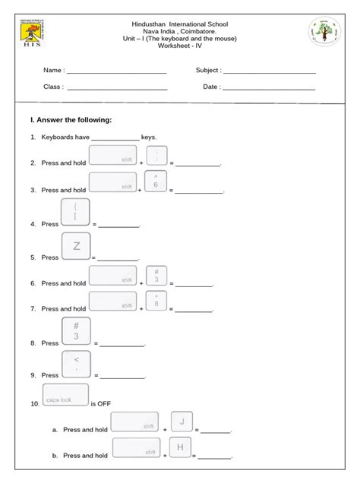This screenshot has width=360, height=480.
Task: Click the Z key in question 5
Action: click(76, 247)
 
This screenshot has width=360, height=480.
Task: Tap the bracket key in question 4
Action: click(76, 213)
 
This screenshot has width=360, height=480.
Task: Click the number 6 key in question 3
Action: click(156, 181)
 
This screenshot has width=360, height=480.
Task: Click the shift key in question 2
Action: click(112, 156)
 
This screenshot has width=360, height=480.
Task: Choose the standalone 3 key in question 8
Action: click(76, 332)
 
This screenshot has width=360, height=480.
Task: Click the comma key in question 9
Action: click(76, 365)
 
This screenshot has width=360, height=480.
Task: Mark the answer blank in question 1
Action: click(115, 139)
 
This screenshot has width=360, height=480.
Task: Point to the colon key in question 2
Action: click(156, 156)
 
